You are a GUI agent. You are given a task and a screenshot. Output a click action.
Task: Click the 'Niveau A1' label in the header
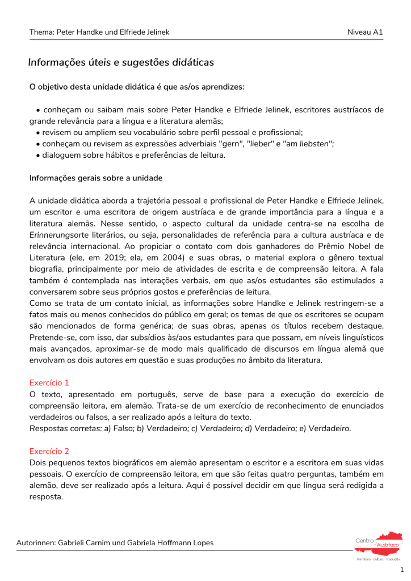365,32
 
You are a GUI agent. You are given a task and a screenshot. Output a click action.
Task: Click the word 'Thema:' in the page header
42,32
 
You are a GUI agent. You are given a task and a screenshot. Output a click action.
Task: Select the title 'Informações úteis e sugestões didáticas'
121,62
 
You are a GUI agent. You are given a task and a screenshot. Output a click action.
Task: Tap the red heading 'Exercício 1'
49,383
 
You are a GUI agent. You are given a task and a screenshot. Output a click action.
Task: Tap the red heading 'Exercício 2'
49,451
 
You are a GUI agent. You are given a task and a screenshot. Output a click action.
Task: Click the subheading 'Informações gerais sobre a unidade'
96,178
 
